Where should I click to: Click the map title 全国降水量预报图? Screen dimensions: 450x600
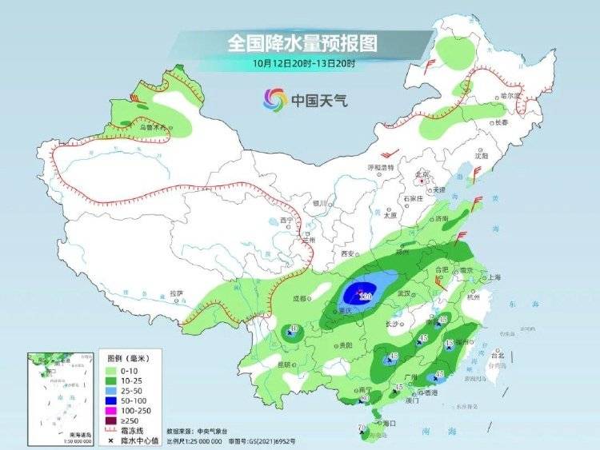click(302, 42)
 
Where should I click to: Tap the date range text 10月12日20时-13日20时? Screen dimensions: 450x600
click(302, 62)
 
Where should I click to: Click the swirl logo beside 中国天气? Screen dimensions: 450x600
click(274, 100)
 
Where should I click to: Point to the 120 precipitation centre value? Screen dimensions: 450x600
click(366, 297)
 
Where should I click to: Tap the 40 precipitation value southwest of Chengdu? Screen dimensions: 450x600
click(294, 329)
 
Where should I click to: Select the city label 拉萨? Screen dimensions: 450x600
click(177, 293)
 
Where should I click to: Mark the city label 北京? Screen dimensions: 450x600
click(422, 173)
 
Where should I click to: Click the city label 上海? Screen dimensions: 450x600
click(491, 277)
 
